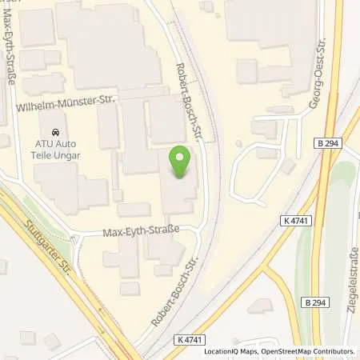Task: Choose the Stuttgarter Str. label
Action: [50, 249]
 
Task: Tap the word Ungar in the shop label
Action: [70, 156]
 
